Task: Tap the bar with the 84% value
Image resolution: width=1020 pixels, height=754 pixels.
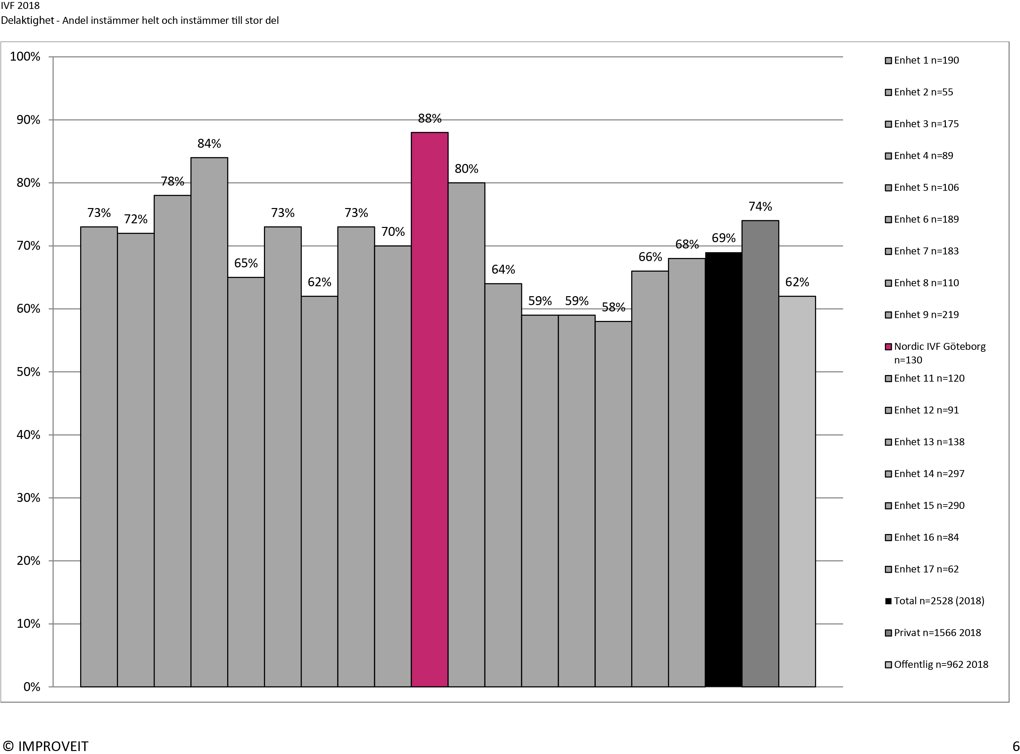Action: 209,422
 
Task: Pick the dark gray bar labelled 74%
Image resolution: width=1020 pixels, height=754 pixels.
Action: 760,454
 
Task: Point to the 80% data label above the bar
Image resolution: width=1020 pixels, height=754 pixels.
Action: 466,169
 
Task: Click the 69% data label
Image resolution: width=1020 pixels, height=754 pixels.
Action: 724,238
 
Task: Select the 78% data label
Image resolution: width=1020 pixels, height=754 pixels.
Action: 173,182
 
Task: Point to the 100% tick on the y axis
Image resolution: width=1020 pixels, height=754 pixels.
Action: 25,57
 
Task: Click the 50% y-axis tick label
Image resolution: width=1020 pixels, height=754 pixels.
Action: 28,372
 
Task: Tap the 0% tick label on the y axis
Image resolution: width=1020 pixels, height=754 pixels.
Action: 31,687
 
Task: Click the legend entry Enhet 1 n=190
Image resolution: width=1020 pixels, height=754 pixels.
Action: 926,60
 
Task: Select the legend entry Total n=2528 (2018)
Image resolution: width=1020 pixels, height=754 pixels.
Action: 939,601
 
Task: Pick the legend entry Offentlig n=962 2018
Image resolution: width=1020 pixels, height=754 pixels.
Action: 941,665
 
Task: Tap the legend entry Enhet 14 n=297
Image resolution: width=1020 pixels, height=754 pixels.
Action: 929,474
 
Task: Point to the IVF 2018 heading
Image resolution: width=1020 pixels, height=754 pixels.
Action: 20,6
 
